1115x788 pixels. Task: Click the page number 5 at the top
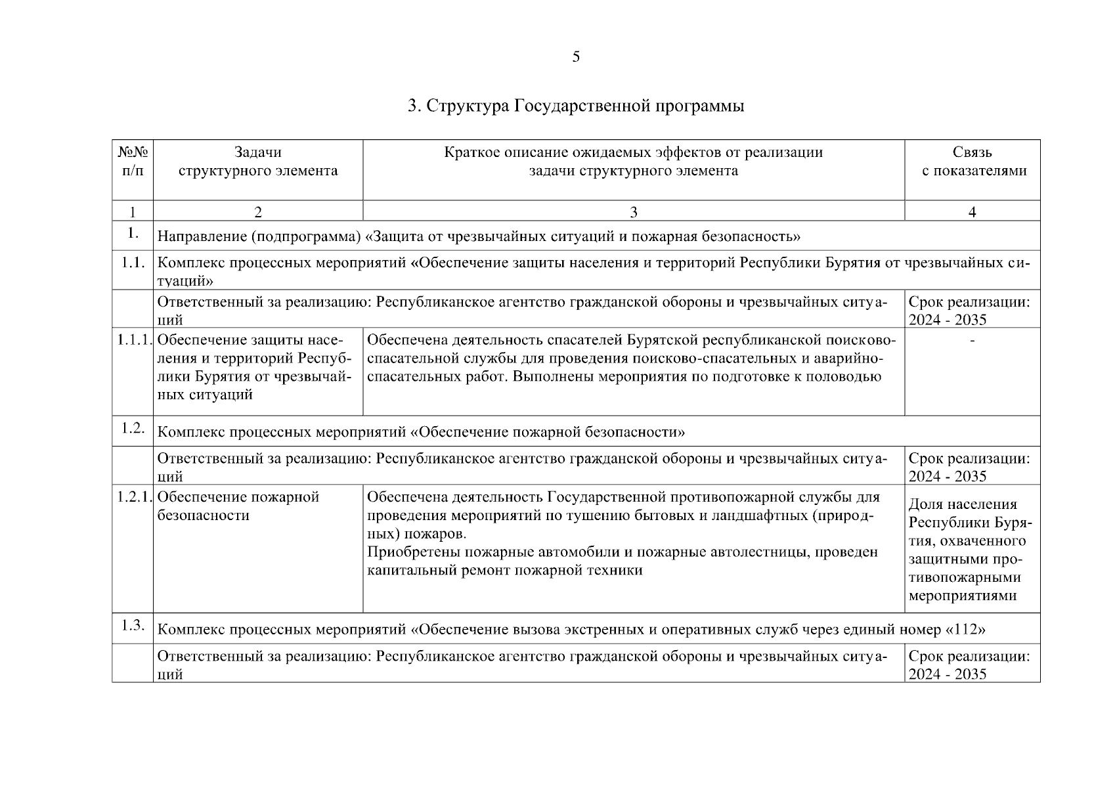click(x=576, y=57)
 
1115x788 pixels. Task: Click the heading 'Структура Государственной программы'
click(x=576, y=106)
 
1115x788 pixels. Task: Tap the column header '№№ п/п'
click(x=133, y=162)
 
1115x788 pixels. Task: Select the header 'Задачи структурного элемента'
click(x=258, y=162)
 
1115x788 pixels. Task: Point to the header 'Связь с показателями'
click(x=972, y=162)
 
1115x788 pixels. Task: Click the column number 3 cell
click(x=633, y=211)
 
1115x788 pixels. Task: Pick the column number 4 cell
click(x=972, y=211)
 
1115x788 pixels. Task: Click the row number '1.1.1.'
click(x=134, y=340)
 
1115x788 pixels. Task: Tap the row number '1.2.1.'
click(x=134, y=497)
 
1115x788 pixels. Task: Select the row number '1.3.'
click(x=133, y=625)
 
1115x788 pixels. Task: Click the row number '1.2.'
click(x=133, y=428)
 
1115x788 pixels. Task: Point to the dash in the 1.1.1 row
click(x=972, y=340)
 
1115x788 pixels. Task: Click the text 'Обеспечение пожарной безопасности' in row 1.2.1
click(x=238, y=506)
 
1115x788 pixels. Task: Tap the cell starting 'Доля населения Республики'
click(x=970, y=550)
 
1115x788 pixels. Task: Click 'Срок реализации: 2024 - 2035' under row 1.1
click(x=969, y=311)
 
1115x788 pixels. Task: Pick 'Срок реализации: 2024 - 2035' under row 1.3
click(x=969, y=665)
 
